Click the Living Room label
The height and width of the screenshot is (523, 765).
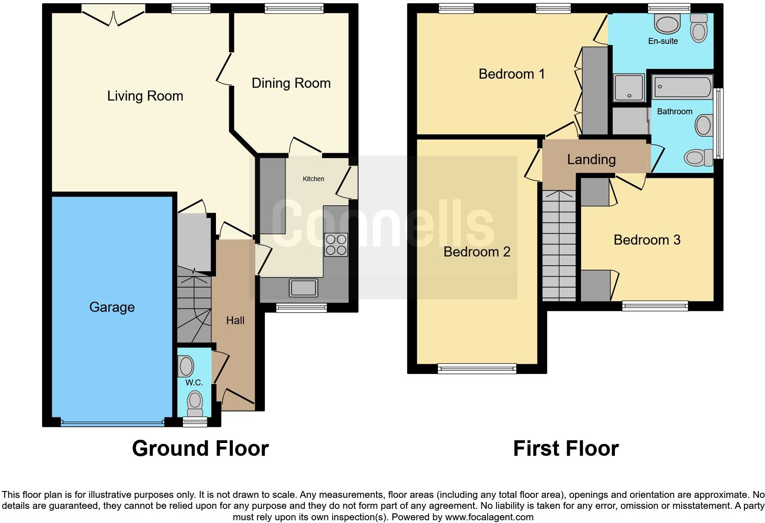145,96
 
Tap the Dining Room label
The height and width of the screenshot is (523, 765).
291,83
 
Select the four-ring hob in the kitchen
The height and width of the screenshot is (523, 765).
336,245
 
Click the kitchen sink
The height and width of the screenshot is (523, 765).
303,288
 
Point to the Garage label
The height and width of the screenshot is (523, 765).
112,307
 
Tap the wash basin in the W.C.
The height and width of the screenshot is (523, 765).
186,366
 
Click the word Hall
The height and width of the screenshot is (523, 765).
235,321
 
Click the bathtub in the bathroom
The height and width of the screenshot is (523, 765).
682,87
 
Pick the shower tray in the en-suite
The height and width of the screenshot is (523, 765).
629,88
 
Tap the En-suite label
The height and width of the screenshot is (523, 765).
663,41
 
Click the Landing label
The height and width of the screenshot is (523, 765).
591,160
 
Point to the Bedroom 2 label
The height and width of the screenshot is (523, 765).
477,252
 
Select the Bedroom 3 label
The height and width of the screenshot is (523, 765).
646,240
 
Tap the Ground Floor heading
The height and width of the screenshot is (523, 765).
200,448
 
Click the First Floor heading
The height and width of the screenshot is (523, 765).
566,448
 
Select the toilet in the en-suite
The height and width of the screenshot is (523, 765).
698,29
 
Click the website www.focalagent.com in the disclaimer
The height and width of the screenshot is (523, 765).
489,517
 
